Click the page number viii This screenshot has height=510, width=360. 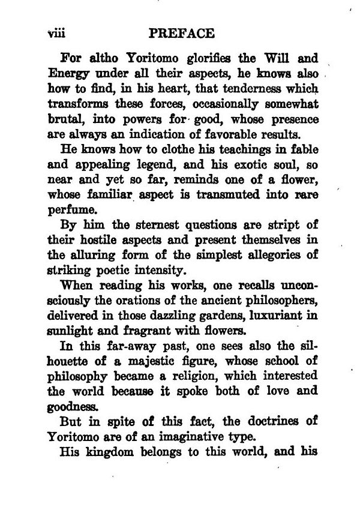click(x=56, y=32)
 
